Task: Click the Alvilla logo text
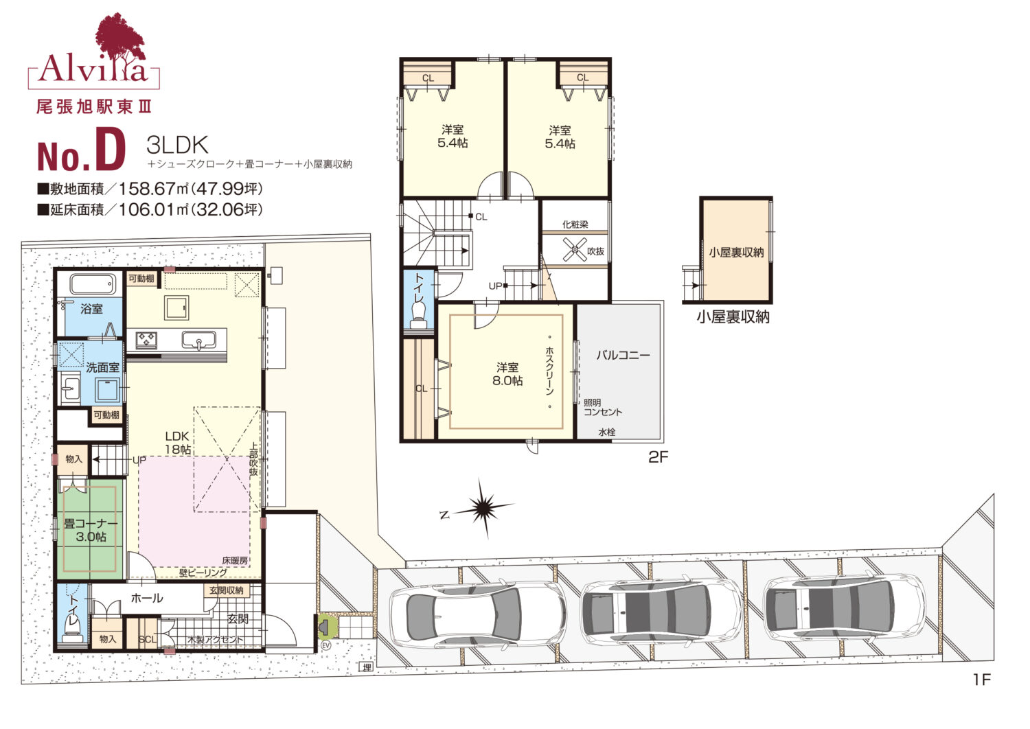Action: tap(93, 69)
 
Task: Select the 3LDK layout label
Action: tap(177, 145)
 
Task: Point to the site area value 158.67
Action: tap(147, 189)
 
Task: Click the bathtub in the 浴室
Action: tap(93, 285)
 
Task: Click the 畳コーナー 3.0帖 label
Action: tap(91, 530)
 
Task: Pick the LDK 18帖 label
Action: tap(178, 443)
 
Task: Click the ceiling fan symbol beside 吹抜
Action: tap(575, 249)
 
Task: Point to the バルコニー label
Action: tap(623, 355)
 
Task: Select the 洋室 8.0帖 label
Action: tap(507, 373)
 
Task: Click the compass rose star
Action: tap(483, 508)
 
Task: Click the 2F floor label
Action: tap(658, 457)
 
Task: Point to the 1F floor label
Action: tap(982, 680)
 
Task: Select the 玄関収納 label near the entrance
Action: tap(226, 590)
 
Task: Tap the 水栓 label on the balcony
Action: tap(607, 432)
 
